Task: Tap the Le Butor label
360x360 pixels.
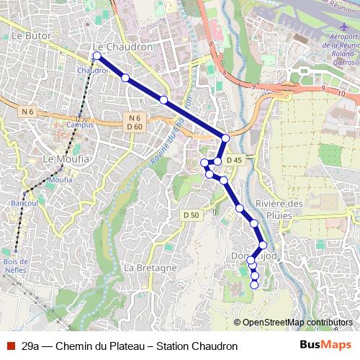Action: tap(30, 35)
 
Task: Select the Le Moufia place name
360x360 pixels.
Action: tap(66, 158)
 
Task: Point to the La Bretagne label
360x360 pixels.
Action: tap(150, 267)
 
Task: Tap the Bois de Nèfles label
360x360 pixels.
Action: tap(14, 266)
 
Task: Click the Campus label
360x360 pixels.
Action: tap(79, 124)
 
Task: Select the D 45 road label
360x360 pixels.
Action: tap(233, 159)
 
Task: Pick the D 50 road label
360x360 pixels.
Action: tap(191, 215)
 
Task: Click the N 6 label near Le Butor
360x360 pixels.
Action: tap(27, 112)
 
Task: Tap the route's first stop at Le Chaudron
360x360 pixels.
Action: tap(97, 55)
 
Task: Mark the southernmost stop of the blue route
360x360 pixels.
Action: tap(253, 284)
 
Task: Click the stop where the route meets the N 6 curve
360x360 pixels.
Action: tap(225, 138)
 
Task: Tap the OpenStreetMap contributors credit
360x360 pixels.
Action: tap(297, 322)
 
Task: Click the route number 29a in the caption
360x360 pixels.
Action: tap(30, 346)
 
